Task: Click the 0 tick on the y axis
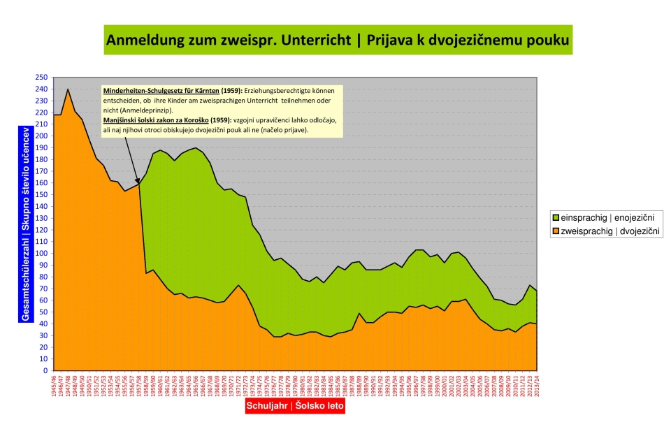(45, 371)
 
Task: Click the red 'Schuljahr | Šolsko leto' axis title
(294, 406)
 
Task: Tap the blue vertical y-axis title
(25, 224)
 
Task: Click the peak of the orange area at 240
(68, 89)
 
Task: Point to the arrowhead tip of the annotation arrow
(138, 184)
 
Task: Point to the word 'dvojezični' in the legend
(638, 231)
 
